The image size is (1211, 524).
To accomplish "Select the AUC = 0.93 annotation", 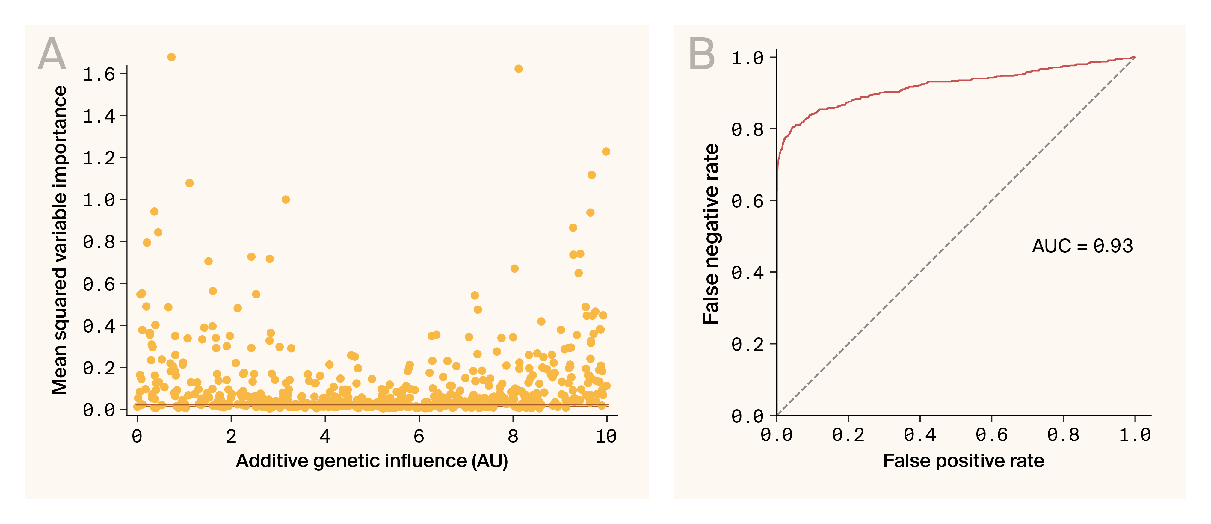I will pyautogui.click(x=1082, y=246).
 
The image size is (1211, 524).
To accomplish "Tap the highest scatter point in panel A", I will pyautogui.click(x=171, y=57).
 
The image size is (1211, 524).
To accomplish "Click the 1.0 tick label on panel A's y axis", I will pyautogui.click(x=99, y=200).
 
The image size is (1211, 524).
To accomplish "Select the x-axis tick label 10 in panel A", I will pyautogui.click(x=606, y=437).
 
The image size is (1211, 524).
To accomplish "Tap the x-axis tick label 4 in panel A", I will pyautogui.click(x=325, y=437).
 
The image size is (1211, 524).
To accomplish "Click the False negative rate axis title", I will pyautogui.click(x=711, y=234).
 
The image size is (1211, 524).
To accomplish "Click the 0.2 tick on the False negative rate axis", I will pyautogui.click(x=748, y=345).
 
